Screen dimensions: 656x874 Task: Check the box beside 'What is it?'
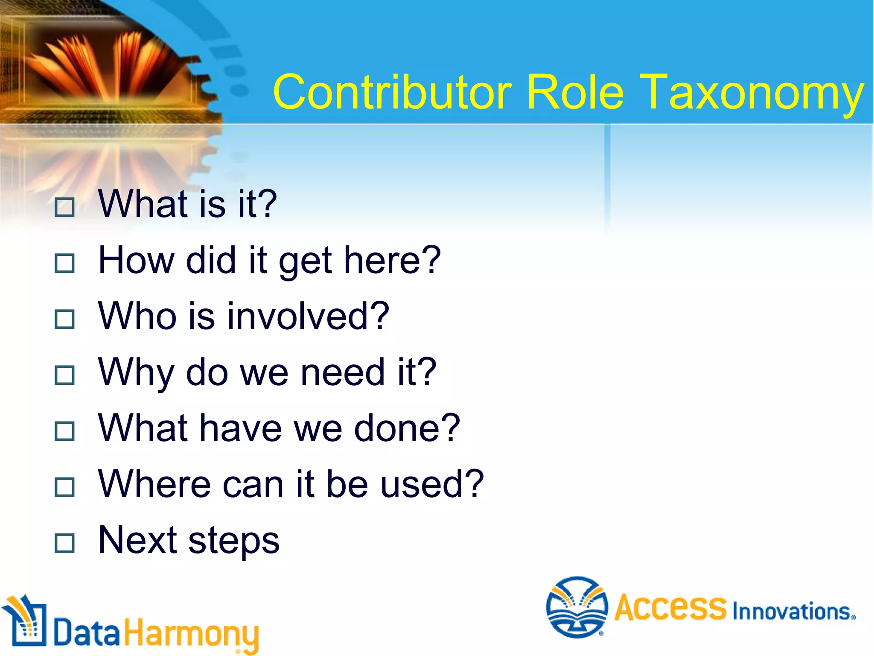(65, 207)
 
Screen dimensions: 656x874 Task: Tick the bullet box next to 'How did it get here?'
(65, 263)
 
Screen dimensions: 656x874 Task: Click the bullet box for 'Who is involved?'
(65, 319)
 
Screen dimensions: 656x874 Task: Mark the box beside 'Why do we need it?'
(65, 375)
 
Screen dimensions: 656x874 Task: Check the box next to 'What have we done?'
(65, 431)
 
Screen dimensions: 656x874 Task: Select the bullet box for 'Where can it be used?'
(65, 487)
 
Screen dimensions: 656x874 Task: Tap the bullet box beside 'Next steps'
(65, 543)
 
